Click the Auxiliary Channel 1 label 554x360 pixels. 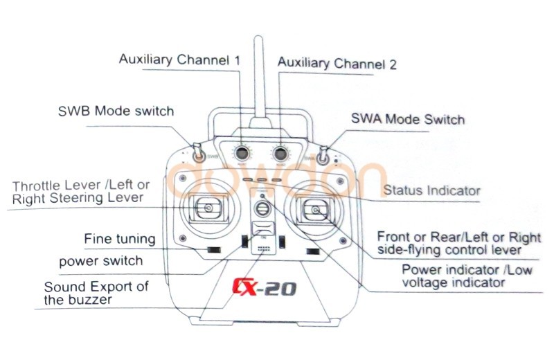pos(179,60)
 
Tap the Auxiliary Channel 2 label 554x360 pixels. pos(337,64)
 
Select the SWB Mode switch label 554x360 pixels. pos(116,111)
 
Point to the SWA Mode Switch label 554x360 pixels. pos(408,119)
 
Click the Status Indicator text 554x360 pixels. pos(431,190)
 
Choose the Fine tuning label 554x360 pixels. pos(120,239)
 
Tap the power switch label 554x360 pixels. pos(101,261)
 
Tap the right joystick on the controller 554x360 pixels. pos(316,209)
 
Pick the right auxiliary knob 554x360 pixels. pos(281,152)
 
